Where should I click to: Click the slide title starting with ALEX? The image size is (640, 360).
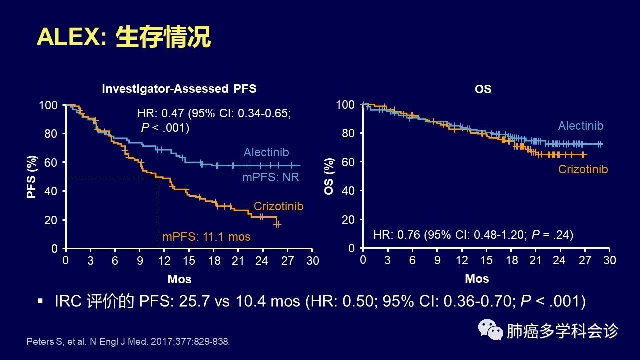(x=124, y=38)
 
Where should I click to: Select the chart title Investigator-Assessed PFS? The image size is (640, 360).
(x=179, y=89)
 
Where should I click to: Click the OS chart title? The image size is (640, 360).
(x=483, y=89)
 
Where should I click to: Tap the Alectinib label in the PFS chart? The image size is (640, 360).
(x=266, y=152)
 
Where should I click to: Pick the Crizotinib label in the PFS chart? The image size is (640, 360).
(x=278, y=206)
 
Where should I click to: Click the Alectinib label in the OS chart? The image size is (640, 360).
(x=580, y=126)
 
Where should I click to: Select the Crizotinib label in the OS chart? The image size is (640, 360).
(x=583, y=169)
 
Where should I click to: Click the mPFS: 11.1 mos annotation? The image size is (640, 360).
(x=206, y=237)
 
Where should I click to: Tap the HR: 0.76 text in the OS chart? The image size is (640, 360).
(x=473, y=234)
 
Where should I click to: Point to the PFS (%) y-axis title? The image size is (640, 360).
(x=32, y=176)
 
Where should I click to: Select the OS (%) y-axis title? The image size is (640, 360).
(x=329, y=176)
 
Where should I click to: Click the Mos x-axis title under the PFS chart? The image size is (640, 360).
(x=179, y=279)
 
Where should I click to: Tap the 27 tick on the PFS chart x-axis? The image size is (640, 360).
(x=287, y=260)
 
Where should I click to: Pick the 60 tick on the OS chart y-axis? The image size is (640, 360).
(x=348, y=162)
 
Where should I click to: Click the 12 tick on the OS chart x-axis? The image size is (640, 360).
(x=462, y=260)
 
